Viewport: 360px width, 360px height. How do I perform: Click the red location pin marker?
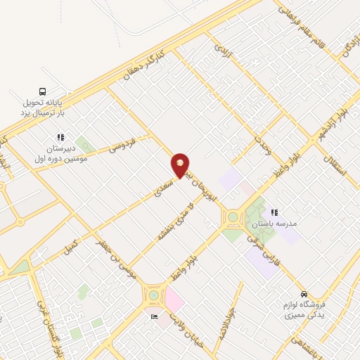click(x=180, y=165)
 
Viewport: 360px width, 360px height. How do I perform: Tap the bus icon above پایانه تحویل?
click(x=43, y=91)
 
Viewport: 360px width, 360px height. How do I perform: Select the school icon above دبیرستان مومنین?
click(x=60, y=137)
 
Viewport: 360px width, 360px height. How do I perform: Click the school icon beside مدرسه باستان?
click(x=274, y=212)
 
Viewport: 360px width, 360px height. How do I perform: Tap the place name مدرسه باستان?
click(x=278, y=223)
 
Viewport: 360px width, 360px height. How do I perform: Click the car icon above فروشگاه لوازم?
click(x=303, y=294)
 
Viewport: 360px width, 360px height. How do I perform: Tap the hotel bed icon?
click(x=154, y=317)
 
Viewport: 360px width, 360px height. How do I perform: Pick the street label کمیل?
click(x=70, y=247)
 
